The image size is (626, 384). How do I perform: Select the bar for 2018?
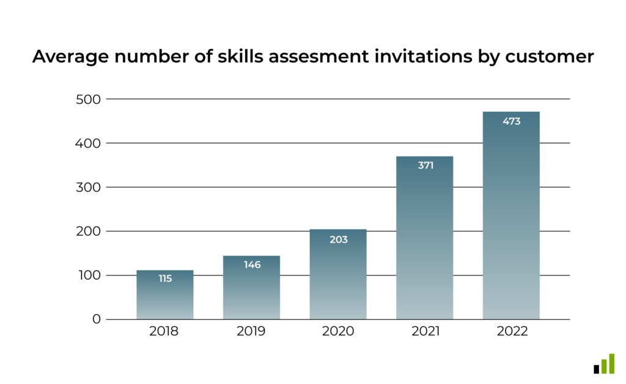(165, 297)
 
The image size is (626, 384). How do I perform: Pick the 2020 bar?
(338, 275)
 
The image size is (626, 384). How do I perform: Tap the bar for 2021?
(425, 238)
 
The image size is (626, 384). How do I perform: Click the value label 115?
(165, 279)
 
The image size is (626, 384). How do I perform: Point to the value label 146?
(252, 265)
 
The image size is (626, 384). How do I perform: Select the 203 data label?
(338, 240)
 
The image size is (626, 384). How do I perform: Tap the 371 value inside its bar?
(425, 165)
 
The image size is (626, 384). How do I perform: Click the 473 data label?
(511, 121)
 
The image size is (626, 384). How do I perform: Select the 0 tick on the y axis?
(97, 319)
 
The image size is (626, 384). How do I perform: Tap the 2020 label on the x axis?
(338, 332)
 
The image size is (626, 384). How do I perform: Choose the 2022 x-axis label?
(511, 332)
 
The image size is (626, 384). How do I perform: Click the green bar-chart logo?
(604, 364)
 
